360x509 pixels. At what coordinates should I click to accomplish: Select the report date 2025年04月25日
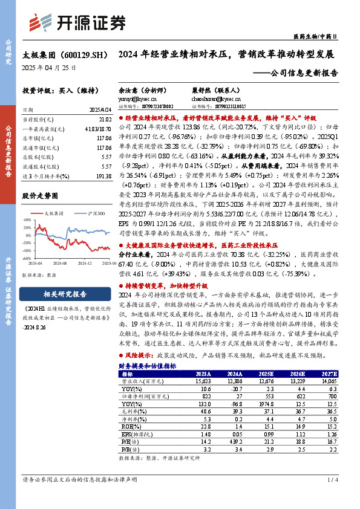[49, 68]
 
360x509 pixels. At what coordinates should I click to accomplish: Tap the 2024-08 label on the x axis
[59, 264]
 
